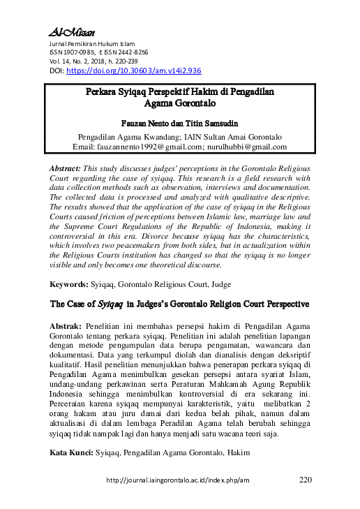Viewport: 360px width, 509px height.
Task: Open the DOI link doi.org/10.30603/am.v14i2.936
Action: [x=134, y=71]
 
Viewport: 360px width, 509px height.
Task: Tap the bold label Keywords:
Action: [x=68, y=285]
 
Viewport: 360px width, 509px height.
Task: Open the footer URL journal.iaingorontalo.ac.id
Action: [x=177, y=481]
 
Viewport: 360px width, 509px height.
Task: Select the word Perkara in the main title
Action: [x=105, y=91]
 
